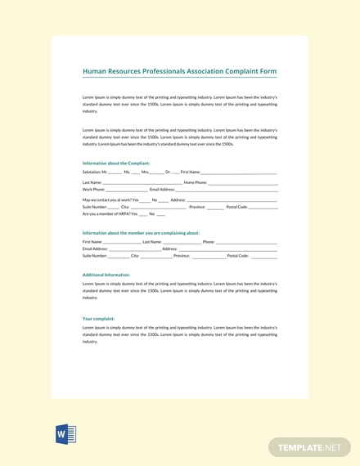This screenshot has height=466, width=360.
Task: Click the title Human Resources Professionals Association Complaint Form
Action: click(179, 71)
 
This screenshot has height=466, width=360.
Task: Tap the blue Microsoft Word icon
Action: click(65, 434)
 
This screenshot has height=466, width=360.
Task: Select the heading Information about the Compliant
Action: click(116, 164)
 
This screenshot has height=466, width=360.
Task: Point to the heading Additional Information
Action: click(106, 275)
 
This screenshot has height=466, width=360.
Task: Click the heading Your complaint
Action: click(98, 318)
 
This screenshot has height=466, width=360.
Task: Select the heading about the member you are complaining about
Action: click(141, 233)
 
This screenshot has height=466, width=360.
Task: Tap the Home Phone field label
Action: click(195, 182)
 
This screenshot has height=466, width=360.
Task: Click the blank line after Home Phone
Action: click(242, 183)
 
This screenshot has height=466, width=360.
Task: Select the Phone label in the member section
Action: click(208, 242)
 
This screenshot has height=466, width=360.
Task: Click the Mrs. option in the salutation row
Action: click(145, 172)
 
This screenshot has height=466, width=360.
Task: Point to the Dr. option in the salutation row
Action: click(168, 172)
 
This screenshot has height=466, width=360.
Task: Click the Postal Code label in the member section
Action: click(237, 256)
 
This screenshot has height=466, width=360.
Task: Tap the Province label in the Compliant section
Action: click(197, 207)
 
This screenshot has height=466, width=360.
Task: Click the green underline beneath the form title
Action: click(179, 78)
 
